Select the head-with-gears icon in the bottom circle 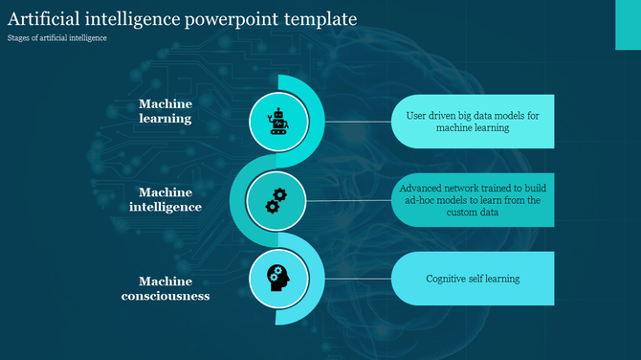(x=277, y=279)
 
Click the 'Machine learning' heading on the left (x=166, y=111)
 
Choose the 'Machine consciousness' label (x=166, y=288)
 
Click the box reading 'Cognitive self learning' (x=473, y=279)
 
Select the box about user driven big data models (x=473, y=122)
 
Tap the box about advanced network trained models (x=473, y=200)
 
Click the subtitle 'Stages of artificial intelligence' (x=56, y=38)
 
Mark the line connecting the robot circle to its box (x=349, y=121)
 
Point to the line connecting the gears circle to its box (x=349, y=200)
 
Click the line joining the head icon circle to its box (x=349, y=279)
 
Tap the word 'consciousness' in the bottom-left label (x=166, y=296)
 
